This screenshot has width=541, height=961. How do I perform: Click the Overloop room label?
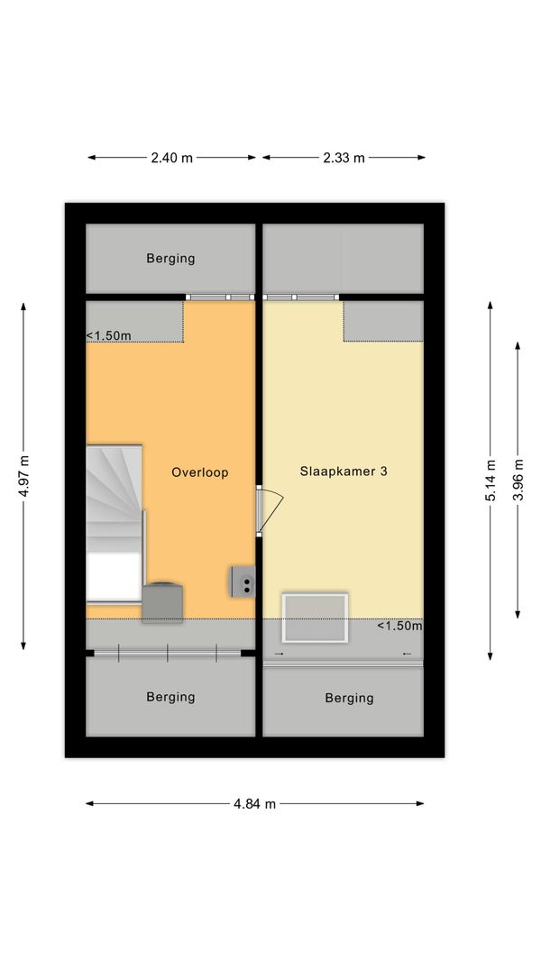[x=200, y=472]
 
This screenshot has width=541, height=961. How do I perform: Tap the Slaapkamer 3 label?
[x=344, y=471]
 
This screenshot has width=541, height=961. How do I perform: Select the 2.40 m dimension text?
[x=171, y=158]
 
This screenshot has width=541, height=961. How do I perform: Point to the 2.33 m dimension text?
[x=344, y=158]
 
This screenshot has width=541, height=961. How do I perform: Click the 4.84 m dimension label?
[x=254, y=804]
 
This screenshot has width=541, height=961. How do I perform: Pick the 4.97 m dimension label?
[x=24, y=476]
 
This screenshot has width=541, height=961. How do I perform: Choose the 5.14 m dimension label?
[x=491, y=480]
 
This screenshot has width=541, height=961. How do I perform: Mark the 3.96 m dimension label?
[x=518, y=480]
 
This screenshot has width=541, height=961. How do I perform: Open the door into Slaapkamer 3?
[x=269, y=509]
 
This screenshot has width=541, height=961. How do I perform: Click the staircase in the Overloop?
[x=115, y=523]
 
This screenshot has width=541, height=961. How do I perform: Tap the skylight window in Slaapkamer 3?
[x=315, y=618]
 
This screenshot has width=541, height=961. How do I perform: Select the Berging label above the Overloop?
[x=170, y=259]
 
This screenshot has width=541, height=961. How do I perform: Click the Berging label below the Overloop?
[x=170, y=697]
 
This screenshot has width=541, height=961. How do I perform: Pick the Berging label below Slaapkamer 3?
[x=349, y=698]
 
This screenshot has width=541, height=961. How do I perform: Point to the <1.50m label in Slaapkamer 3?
[x=399, y=626]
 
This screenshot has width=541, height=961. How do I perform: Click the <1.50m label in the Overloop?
[x=108, y=336]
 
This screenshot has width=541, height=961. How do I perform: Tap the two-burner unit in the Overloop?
[x=243, y=581]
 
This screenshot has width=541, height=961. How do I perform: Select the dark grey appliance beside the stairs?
[x=162, y=602]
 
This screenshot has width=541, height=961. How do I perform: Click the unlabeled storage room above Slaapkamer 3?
[x=344, y=259]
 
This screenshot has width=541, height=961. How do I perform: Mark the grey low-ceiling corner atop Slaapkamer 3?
[x=383, y=321]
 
